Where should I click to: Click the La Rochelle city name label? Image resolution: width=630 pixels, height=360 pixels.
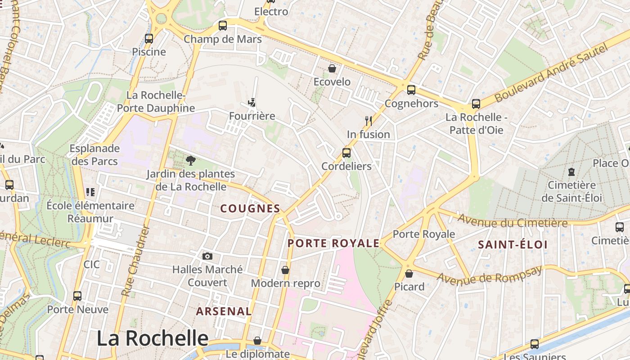pos(153,338)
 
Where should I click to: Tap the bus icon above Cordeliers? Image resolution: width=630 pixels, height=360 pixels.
pos(346,153)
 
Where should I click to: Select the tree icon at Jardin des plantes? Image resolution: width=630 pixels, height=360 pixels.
pos(190,160)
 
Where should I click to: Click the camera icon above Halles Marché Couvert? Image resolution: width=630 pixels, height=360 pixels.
pos(207,256)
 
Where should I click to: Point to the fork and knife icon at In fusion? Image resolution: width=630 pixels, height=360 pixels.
pos(368,121)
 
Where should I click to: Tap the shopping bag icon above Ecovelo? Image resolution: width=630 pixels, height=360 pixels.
pos(332,68)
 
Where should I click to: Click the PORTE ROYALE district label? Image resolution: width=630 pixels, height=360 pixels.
pos(333,243)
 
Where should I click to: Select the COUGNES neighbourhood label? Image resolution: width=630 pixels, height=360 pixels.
pos(250,208)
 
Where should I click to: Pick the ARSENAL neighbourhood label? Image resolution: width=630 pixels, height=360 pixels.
pos(224,311)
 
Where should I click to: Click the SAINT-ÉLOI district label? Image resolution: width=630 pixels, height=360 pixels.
pos(513,245)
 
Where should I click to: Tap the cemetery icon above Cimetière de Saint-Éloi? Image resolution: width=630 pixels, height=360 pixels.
pos(571,171)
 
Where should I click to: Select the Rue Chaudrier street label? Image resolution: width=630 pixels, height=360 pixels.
pos(135,261)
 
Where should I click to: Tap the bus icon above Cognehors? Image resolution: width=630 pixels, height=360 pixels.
pos(411,90)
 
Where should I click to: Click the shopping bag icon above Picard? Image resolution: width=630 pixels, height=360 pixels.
pos(409,273)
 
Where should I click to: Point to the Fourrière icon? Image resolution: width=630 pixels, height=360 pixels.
pos(252,103)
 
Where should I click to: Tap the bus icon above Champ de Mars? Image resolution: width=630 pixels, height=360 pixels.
pos(222,26)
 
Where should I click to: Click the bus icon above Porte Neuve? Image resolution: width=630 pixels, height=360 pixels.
pos(77,296)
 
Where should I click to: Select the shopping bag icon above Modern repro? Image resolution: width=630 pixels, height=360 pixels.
pos(285,270)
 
